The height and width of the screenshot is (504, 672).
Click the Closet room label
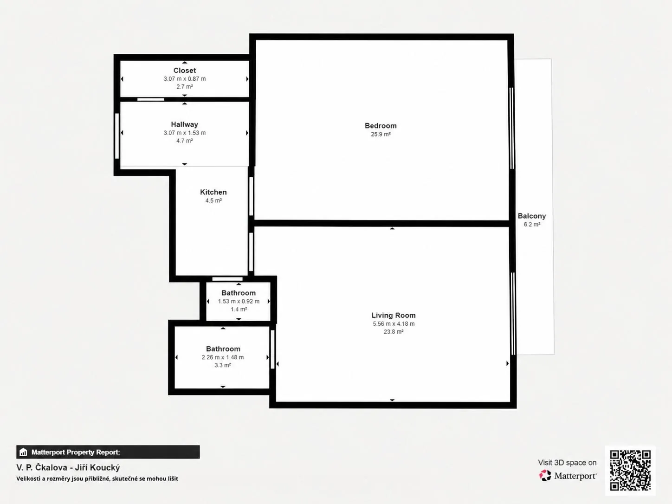tap(185, 71)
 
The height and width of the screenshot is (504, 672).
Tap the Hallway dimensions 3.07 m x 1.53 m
tap(185, 133)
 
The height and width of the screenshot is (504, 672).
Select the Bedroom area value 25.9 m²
tap(381, 134)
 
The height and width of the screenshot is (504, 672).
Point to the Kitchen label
tap(213, 192)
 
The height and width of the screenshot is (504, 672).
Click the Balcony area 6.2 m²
tap(532, 224)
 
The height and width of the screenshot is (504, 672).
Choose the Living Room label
tap(394, 315)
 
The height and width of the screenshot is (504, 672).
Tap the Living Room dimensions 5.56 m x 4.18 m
tap(394, 324)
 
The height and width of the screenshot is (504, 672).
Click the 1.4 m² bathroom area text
tap(239, 310)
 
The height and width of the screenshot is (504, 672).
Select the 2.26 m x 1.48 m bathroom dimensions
tap(223, 357)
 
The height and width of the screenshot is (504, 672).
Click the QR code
tap(630, 470)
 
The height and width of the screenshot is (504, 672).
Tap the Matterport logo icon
tap(545, 476)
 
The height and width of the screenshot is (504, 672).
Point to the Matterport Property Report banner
tap(108, 452)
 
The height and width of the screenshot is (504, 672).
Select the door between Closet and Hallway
tap(151, 99)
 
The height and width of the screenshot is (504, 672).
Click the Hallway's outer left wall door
tap(116, 136)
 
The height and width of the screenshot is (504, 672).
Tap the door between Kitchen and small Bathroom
tap(227, 279)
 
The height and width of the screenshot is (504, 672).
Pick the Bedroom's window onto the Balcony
tap(511, 128)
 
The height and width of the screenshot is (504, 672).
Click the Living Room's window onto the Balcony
tap(513, 314)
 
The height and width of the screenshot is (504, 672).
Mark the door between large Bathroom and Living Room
tap(272, 349)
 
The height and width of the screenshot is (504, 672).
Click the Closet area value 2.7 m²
tap(185, 87)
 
